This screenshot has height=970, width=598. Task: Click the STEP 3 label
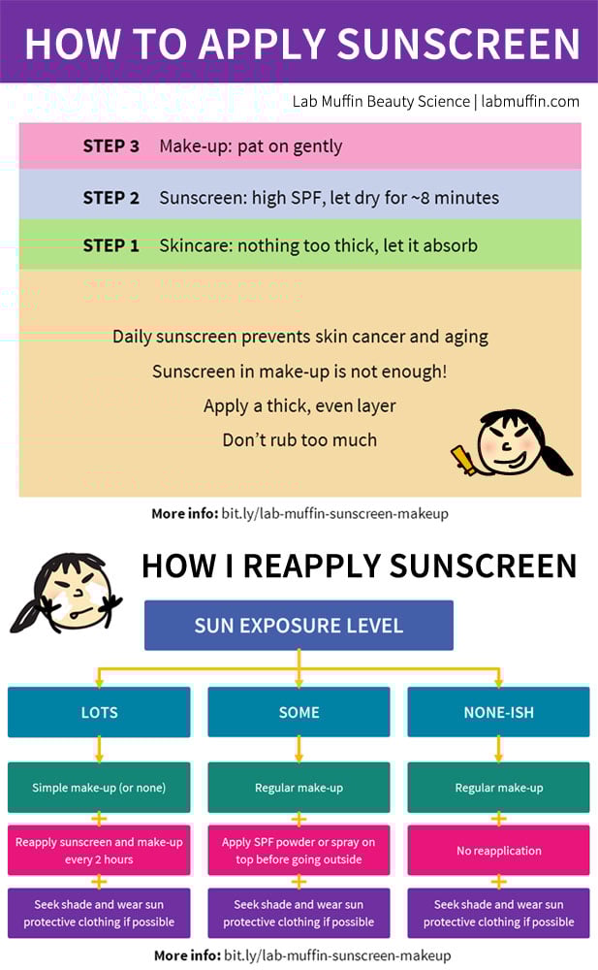click(111, 146)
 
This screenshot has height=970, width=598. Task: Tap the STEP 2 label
click(111, 198)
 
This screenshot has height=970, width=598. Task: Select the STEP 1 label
click(111, 245)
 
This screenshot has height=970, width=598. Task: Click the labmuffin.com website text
click(530, 102)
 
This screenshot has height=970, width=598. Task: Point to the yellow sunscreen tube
click(463, 460)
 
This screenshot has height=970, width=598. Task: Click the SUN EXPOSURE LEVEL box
click(299, 626)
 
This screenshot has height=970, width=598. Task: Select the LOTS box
click(99, 712)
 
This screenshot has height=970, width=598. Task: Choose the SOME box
click(299, 712)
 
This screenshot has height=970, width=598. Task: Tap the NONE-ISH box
click(498, 712)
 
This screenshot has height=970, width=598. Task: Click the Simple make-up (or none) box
click(99, 788)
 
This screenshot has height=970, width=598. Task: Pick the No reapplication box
click(498, 851)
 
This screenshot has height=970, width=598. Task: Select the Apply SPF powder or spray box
click(299, 851)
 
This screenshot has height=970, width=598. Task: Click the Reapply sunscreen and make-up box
click(99, 851)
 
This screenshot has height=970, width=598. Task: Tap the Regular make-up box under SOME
click(299, 788)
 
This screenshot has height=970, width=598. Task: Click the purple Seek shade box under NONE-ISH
click(498, 913)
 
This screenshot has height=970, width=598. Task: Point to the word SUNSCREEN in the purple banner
click(458, 44)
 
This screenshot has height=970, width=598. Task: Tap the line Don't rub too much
click(299, 439)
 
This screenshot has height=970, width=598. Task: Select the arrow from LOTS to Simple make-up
click(99, 750)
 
